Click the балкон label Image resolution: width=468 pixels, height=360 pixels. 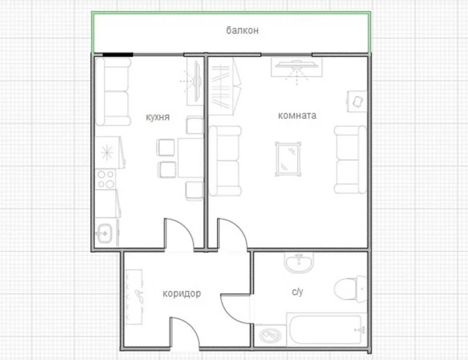242,31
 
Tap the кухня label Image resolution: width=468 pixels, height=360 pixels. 157,117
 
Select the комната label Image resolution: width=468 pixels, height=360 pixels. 297,116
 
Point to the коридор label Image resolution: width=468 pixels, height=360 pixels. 182,294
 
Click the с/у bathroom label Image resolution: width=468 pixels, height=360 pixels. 298,292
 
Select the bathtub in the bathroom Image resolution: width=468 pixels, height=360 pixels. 326,329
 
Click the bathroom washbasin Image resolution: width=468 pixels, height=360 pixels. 299,263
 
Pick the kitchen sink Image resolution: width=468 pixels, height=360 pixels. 105,233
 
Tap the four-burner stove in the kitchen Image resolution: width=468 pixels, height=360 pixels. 106,179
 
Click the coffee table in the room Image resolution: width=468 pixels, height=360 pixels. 288,159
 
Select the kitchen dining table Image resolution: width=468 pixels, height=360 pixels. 190,158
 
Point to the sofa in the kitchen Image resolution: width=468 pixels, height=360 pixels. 113,92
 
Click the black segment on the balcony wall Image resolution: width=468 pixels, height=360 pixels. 118,55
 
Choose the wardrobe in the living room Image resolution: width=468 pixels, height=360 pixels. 225,86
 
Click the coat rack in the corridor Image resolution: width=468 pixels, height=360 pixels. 134,297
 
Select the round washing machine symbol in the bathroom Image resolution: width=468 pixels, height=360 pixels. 270,335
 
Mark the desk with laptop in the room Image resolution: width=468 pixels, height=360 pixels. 357,101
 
